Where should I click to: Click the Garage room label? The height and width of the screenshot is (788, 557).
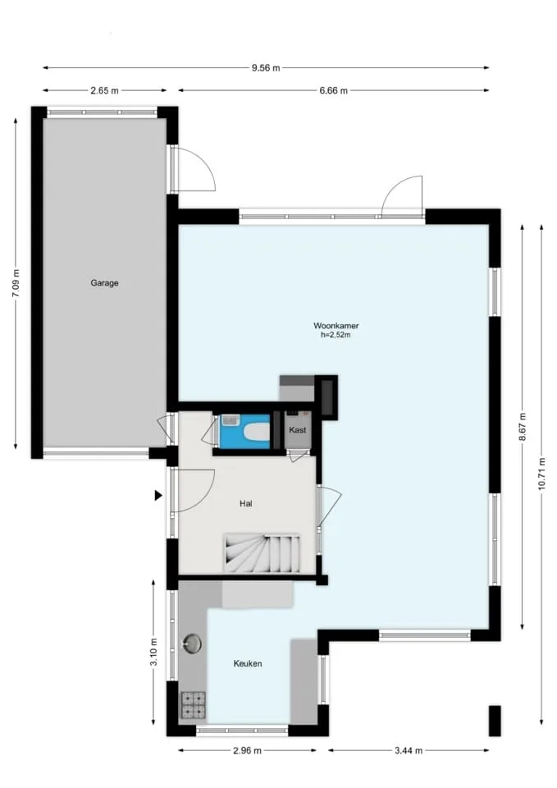coord(104,283)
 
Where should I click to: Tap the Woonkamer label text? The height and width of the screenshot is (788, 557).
coord(336,326)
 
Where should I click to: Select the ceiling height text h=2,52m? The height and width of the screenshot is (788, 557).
coord(336,335)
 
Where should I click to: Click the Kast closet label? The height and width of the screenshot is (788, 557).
coord(297,429)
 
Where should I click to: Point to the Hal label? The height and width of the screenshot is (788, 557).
coord(245,503)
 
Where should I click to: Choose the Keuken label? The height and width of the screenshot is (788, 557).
coord(248,663)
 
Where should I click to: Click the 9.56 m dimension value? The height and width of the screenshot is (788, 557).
coord(266,68)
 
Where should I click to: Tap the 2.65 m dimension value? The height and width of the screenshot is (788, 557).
coord(104,91)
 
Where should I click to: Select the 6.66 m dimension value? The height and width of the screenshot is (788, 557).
coord(334,91)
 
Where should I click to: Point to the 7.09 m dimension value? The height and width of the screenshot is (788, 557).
coord(16,283)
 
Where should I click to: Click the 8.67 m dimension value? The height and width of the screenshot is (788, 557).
coord(523,427)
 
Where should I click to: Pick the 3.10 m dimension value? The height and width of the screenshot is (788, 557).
coord(153,652)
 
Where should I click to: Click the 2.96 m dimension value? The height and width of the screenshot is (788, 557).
coord(247,751)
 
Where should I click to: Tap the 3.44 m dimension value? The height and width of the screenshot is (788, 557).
coord(409,751)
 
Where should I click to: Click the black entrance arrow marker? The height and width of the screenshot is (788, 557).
coord(158,496)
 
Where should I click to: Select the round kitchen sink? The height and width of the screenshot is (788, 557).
coord(192,644)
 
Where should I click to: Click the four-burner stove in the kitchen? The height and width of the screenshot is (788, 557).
coord(194,704)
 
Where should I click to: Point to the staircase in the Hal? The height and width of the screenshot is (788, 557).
coord(263,553)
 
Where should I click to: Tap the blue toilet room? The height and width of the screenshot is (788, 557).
coord(244,431)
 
